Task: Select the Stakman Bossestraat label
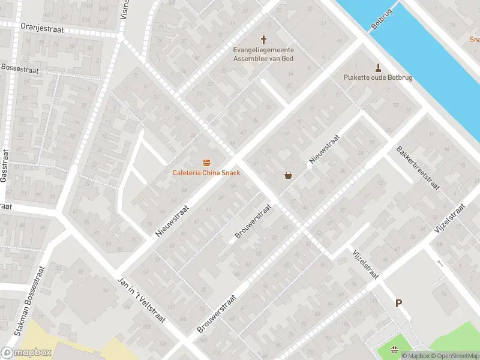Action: (x=30, y=308)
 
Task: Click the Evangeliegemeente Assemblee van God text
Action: (x=263, y=54)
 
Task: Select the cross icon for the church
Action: (x=263, y=37)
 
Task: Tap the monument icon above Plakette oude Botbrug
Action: (x=378, y=67)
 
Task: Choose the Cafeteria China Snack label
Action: (x=206, y=173)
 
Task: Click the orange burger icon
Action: (x=206, y=163)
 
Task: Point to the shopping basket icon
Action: (x=289, y=175)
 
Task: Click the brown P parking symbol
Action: (x=398, y=304)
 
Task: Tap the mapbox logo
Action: (x=26, y=353)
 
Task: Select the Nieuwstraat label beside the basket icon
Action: (x=325, y=149)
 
